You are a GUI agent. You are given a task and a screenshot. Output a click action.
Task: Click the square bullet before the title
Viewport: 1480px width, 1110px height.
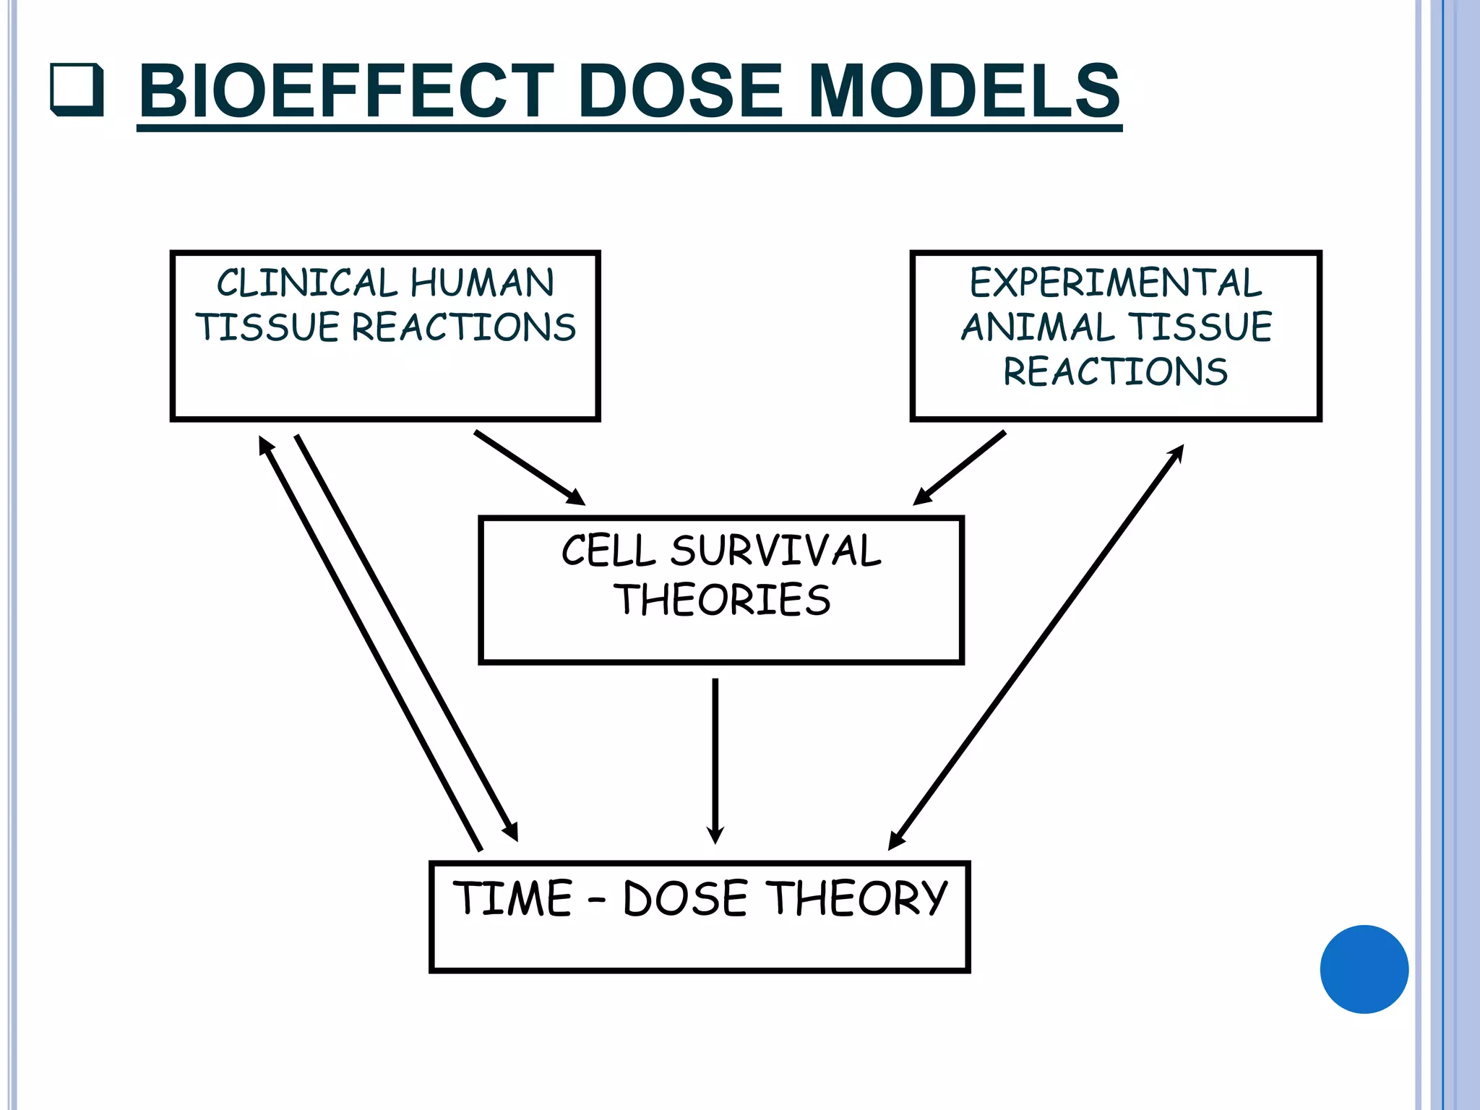tap(77, 90)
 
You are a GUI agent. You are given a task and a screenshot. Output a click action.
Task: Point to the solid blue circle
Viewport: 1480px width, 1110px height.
tap(1364, 969)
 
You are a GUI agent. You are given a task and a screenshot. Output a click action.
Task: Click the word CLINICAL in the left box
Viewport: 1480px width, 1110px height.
tap(307, 283)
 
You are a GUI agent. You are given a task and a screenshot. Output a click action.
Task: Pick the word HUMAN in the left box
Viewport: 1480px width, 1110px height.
tap(482, 283)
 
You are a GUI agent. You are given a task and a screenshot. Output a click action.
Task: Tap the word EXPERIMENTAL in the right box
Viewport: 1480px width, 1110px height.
tap(1115, 283)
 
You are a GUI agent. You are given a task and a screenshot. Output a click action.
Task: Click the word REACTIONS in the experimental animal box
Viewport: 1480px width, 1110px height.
tap(1115, 372)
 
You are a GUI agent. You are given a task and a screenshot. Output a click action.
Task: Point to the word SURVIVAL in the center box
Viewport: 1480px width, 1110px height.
tap(775, 551)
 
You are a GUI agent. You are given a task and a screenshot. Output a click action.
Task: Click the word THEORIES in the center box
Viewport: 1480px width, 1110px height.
tap(722, 600)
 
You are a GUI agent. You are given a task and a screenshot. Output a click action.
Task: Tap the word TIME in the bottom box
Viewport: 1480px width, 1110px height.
tap(512, 898)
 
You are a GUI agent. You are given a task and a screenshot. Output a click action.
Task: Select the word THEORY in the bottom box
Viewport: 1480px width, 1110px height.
tap(856, 898)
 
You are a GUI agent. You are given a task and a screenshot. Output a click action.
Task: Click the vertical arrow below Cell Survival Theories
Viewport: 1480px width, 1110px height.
tap(715, 759)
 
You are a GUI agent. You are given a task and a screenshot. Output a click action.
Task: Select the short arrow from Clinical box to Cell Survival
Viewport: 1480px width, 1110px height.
tap(529, 467)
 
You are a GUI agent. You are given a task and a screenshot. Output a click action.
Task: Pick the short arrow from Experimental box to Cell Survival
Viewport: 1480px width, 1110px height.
tap(960, 468)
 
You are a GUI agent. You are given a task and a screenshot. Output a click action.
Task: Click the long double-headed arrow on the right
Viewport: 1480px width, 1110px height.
tap(1036, 647)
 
